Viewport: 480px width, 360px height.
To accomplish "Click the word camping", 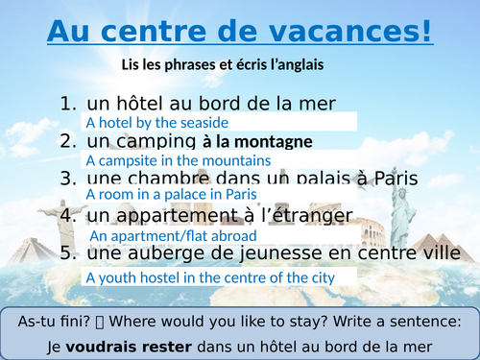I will click(154, 142).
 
